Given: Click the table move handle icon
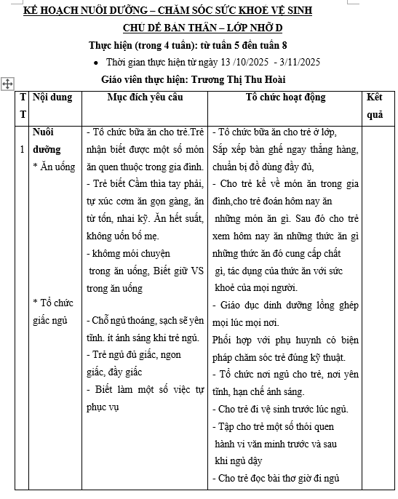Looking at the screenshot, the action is coord(8,84).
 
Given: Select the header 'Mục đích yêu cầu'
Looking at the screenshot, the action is coord(145,97).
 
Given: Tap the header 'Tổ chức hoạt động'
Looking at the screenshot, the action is coord(285,97).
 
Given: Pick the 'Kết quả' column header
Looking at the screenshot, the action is coord(375,105).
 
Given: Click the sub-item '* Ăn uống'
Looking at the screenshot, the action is coord(54,167).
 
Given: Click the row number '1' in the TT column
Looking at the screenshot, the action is coord(23,149).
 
